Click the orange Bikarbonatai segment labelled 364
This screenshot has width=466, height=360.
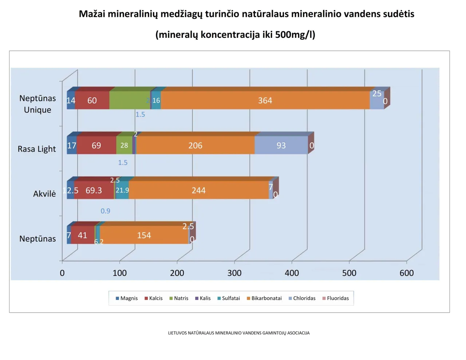[265, 100]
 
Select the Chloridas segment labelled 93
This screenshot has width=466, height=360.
[281, 146]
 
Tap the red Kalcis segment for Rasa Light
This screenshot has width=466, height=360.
[96, 146]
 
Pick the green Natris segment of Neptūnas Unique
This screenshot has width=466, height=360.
[129, 100]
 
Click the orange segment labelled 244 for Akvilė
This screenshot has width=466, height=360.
[199, 190]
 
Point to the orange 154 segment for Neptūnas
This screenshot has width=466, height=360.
[144, 236]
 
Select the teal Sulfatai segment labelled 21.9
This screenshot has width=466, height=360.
[122, 190]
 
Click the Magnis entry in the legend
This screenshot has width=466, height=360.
[126, 298]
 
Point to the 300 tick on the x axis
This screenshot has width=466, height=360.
[234, 273]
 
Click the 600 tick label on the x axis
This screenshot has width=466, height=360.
[407, 273]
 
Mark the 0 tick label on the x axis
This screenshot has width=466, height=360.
[62, 273]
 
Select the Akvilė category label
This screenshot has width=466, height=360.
[44, 194]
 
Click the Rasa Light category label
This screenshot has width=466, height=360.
[37, 149]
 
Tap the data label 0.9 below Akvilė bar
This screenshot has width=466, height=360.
[106, 211]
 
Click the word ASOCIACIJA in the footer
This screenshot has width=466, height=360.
[298, 333]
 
